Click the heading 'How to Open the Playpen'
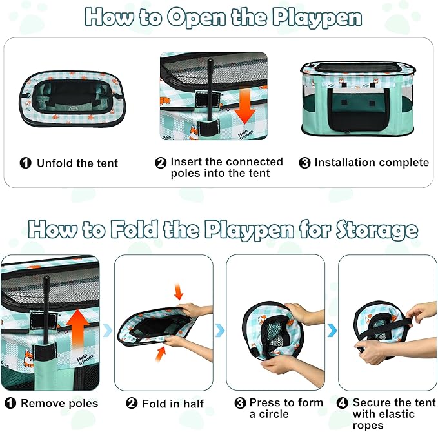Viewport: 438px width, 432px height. coord(223,17)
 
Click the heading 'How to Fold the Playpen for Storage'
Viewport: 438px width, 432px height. coord(223,230)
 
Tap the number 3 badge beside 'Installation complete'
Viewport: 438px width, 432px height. coord(305,163)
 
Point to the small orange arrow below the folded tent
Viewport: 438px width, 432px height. coord(159,354)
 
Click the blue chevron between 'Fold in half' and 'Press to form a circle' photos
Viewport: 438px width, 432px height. coord(219,330)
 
